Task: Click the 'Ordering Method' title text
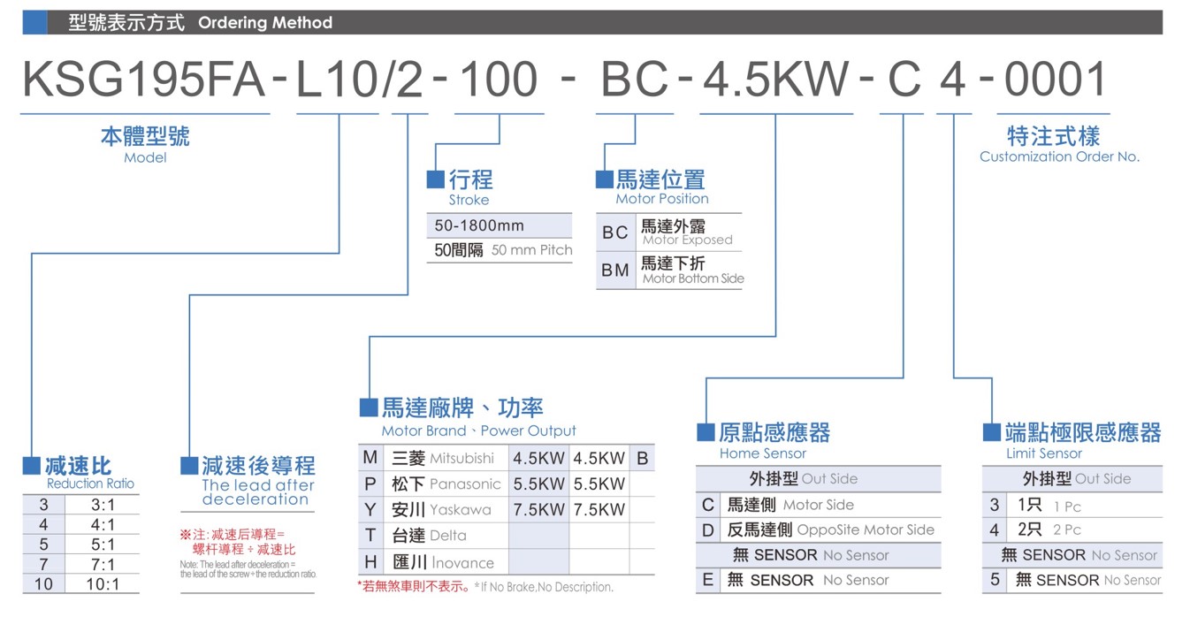click(x=265, y=23)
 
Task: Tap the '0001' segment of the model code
click(x=1055, y=80)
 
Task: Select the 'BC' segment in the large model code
click(x=634, y=80)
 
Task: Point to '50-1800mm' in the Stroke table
click(x=479, y=225)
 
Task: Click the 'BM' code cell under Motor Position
click(x=615, y=270)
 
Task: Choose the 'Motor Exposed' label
click(x=688, y=240)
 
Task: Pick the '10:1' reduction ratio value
click(x=103, y=584)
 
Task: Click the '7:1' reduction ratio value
click(x=103, y=565)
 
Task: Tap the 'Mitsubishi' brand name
click(x=462, y=458)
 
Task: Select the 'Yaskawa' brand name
click(x=461, y=510)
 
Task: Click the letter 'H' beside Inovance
click(x=370, y=562)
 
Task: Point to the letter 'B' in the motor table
click(x=642, y=458)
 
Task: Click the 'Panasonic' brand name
click(x=465, y=484)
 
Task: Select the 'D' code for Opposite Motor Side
click(x=707, y=529)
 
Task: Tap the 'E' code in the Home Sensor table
click(x=707, y=580)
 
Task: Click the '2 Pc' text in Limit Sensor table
click(x=1067, y=529)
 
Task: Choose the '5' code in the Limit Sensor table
click(x=995, y=579)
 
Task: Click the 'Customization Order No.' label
click(x=1060, y=156)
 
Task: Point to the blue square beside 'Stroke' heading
click(x=436, y=179)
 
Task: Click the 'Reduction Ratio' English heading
click(x=90, y=484)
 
